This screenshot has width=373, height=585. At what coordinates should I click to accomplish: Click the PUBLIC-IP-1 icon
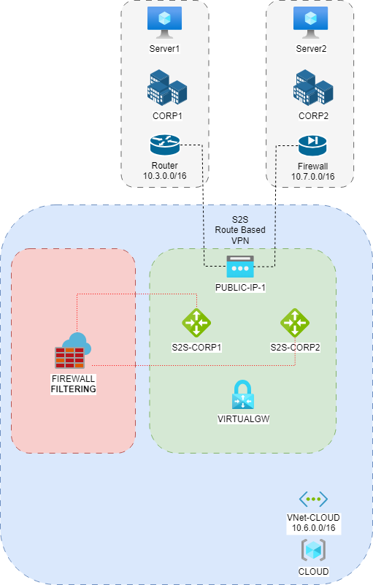[x=239, y=267]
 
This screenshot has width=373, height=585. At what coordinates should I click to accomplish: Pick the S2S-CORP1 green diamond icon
[x=196, y=322]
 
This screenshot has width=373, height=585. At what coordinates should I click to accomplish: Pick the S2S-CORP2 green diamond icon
[x=294, y=322]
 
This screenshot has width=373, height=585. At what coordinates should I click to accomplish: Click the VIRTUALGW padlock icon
[x=243, y=395]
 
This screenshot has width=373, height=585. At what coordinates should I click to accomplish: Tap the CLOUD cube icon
[x=312, y=550]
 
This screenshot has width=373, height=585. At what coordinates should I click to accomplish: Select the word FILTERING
[x=73, y=389]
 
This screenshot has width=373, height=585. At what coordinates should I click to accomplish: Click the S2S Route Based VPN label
[x=239, y=229]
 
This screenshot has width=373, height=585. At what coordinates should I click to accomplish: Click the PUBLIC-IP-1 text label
[x=239, y=287]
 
